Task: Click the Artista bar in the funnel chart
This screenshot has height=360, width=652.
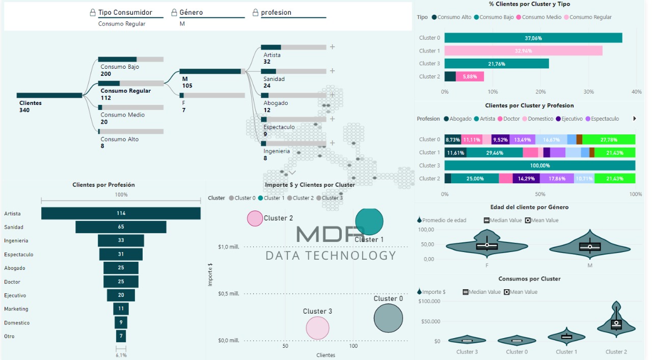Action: [121, 213]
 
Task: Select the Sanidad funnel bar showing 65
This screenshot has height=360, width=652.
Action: [121, 227]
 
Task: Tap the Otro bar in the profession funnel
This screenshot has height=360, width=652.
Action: [121, 336]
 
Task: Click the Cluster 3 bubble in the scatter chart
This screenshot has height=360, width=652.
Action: [317, 328]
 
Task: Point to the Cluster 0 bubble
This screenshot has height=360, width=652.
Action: [388, 318]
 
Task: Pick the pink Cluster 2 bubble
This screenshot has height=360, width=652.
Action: [255, 218]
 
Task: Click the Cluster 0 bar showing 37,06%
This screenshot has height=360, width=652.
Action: [533, 38]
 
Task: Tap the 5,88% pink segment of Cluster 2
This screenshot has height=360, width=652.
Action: [470, 76]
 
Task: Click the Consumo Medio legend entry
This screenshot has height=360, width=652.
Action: [539, 17]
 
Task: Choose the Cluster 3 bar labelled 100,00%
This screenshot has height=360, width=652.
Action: [539, 165]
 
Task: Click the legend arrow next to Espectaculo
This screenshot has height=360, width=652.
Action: [635, 119]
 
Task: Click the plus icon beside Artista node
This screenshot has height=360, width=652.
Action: [332, 47]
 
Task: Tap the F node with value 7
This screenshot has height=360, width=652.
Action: [212, 95]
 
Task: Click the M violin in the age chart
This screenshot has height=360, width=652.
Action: [590, 247]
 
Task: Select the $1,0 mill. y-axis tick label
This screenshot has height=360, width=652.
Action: [229, 247]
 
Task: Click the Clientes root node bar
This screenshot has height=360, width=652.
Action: [49, 95]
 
